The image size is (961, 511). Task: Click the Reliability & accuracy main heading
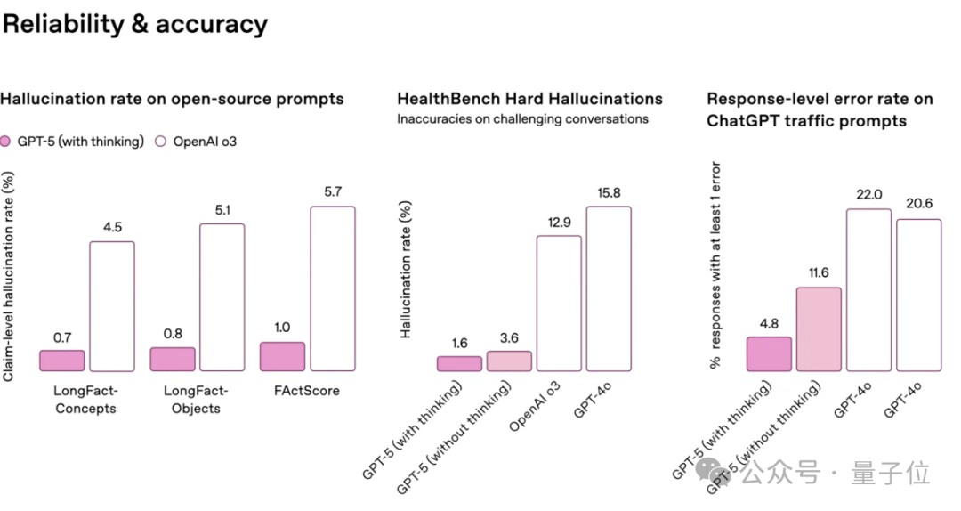pyautogui.click(x=134, y=25)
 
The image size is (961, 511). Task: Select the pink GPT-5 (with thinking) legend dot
pyautogui.click(x=5, y=142)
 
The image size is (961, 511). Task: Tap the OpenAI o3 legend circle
pyautogui.click(x=161, y=142)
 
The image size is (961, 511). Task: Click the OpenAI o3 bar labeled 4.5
pyautogui.click(x=112, y=305)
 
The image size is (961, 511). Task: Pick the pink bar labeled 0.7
pyautogui.click(x=62, y=361)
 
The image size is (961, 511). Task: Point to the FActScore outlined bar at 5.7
pyautogui.click(x=332, y=288)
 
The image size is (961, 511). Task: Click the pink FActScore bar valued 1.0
pyautogui.click(x=282, y=356)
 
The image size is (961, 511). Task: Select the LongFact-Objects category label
pyautogui.click(x=196, y=400)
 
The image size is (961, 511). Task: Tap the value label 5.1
pyautogui.click(x=222, y=211)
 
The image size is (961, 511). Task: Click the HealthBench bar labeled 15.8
pyautogui.click(x=609, y=288)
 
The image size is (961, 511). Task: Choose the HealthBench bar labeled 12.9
pyautogui.click(x=559, y=303)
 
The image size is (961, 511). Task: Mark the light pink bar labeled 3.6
pyautogui.click(x=509, y=361)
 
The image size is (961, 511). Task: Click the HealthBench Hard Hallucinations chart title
pyautogui.click(x=529, y=99)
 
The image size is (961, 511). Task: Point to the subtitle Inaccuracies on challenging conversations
pyautogui.click(x=522, y=118)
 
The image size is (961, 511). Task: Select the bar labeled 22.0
pyautogui.click(x=868, y=289)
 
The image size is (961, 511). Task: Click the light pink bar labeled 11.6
pyautogui.click(x=819, y=328)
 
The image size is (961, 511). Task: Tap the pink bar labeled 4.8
pyautogui.click(x=769, y=353)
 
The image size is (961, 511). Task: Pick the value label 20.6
pyautogui.click(x=918, y=204)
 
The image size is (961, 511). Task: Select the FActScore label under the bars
pyautogui.click(x=307, y=391)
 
